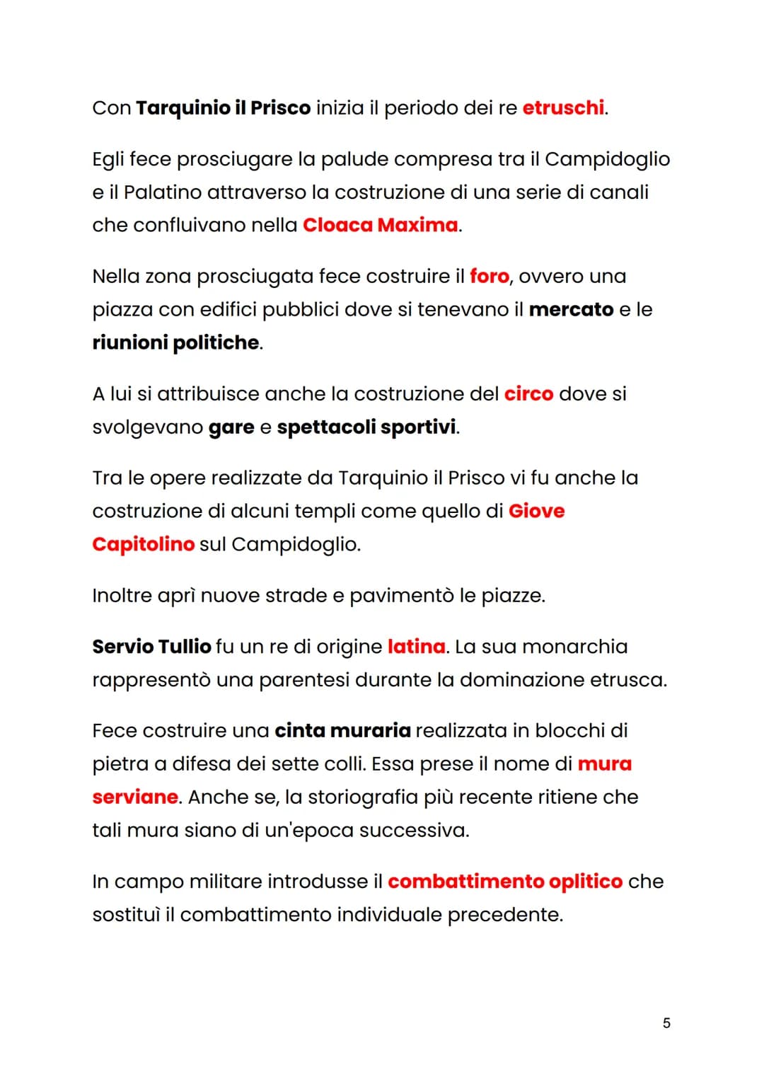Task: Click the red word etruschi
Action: click(563, 108)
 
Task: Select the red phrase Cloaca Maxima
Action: click(381, 225)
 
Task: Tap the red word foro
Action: click(489, 276)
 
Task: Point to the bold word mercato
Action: click(571, 309)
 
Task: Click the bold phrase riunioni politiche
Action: click(176, 342)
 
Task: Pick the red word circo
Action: click(528, 393)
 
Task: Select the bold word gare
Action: click(231, 427)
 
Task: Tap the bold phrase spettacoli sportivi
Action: click(366, 427)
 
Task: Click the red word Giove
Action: click(536, 511)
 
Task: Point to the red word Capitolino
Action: click(143, 544)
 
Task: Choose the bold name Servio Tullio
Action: click(151, 647)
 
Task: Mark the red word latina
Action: click(416, 647)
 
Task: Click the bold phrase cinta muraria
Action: click(342, 730)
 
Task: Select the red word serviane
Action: click(135, 797)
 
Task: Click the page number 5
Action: click(666, 1023)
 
